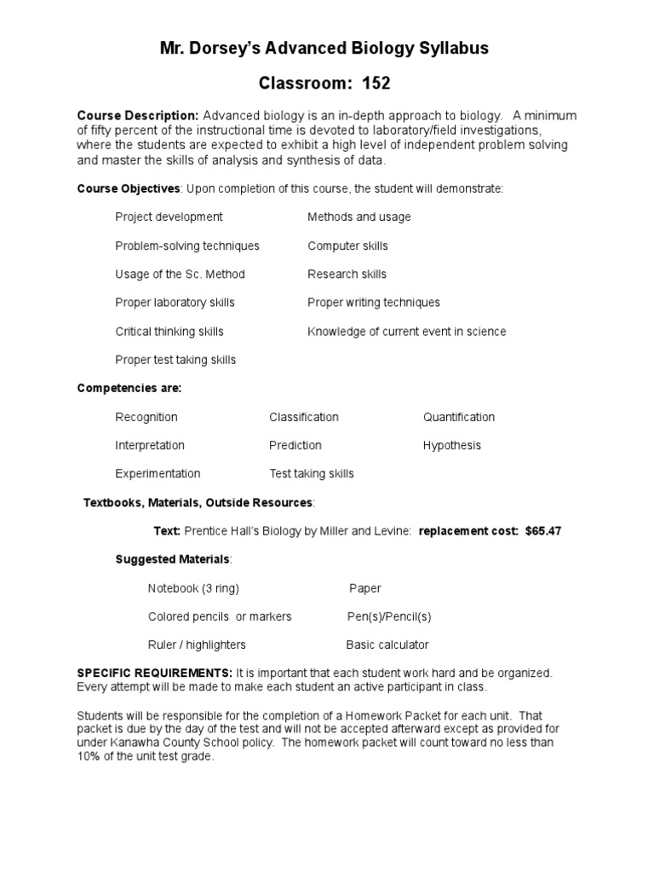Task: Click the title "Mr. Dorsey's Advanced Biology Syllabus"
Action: click(324, 49)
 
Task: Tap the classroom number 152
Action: click(376, 84)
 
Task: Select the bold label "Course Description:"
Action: click(138, 115)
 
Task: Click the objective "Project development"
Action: click(169, 217)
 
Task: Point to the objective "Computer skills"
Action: click(347, 246)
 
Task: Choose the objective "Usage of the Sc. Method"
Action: click(180, 274)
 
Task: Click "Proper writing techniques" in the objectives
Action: click(374, 303)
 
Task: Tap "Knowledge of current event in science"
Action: click(406, 331)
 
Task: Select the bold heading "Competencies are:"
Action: click(129, 388)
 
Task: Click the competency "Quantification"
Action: click(458, 417)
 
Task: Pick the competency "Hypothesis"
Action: click(451, 445)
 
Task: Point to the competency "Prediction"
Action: click(295, 445)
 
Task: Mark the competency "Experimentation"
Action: click(158, 473)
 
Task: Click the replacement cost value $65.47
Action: click(543, 530)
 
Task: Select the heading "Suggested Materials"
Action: click(172, 559)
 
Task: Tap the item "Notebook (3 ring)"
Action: click(193, 588)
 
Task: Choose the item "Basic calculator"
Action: click(387, 645)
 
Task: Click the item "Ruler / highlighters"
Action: click(197, 645)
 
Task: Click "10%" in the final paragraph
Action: click(89, 755)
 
